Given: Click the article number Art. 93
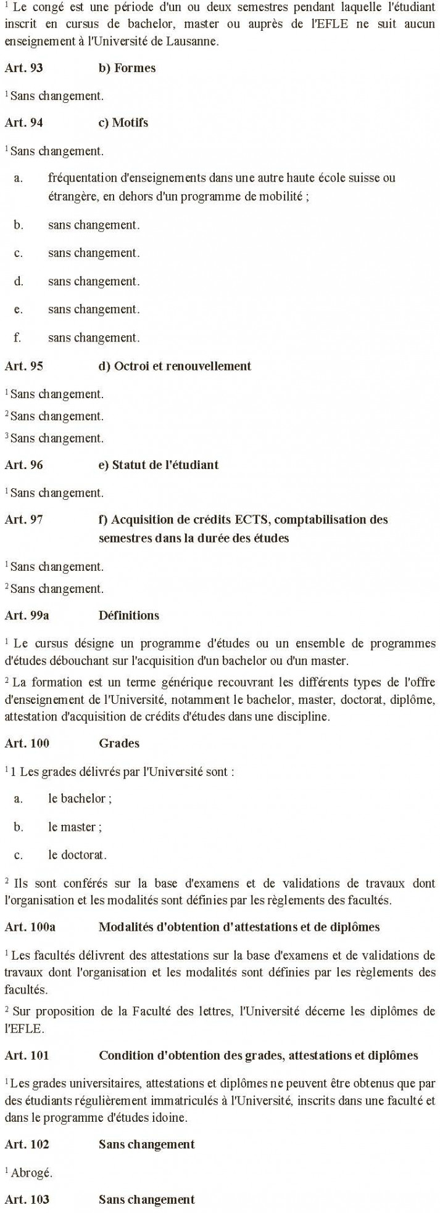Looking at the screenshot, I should click(x=23, y=68).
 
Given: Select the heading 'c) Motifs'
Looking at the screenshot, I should click(x=123, y=123).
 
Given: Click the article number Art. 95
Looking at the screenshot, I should click(x=23, y=366).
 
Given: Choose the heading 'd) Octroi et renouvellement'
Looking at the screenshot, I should click(x=175, y=366).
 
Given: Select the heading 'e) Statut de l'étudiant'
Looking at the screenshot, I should click(x=159, y=465).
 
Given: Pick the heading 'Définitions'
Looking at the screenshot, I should click(x=128, y=615).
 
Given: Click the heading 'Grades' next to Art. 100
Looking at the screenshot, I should click(x=118, y=743).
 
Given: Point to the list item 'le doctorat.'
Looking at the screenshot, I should click(x=77, y=855).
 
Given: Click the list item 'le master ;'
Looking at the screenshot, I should click(x=75, y=827).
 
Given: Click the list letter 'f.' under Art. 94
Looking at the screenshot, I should click(x=19, y=338).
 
